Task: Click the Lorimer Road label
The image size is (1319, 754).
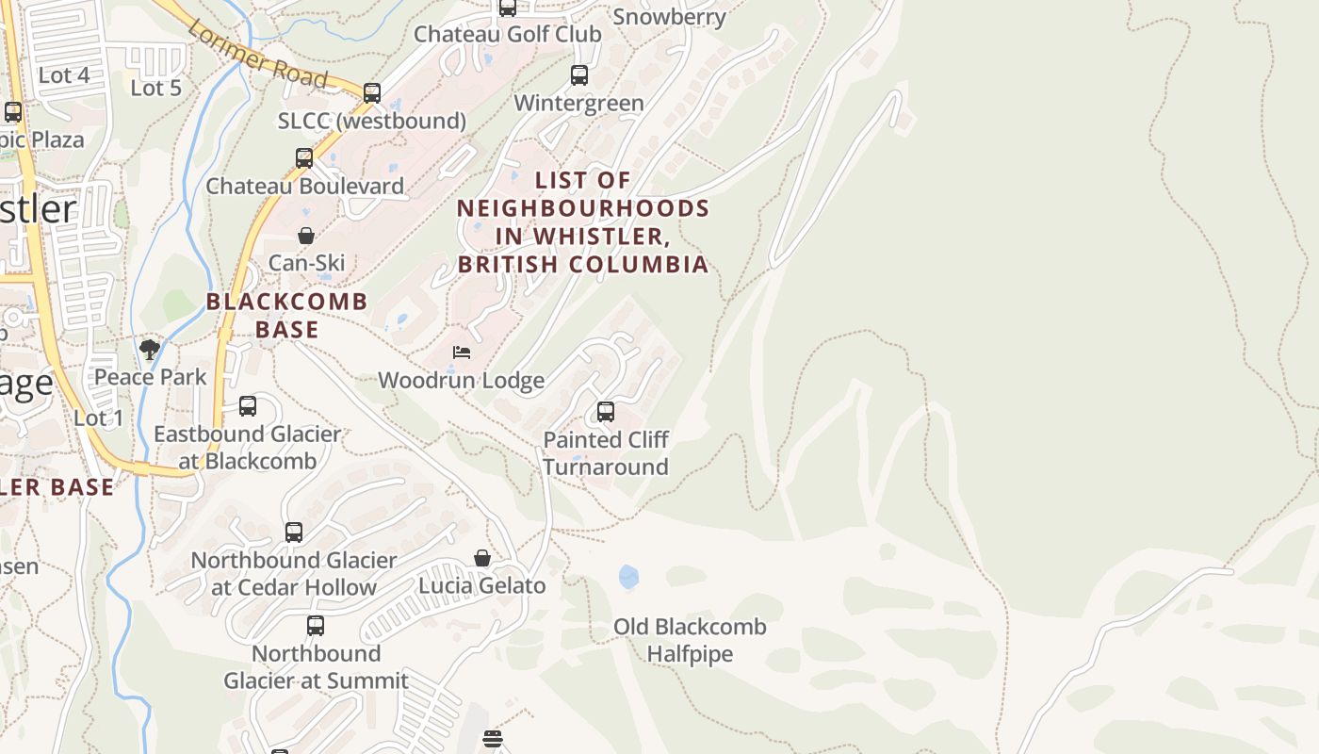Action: tap(256, 53)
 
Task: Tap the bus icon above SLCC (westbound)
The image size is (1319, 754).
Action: tap(372, 93)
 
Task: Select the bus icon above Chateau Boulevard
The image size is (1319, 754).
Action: tap(304, 158)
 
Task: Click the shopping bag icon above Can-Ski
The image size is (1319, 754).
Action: tap(306, 236)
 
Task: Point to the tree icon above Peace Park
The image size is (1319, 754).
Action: tap(149, 350)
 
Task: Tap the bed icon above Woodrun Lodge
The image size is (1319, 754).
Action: tap(462, 352)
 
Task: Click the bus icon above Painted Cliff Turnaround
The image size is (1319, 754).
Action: tap(606, 412)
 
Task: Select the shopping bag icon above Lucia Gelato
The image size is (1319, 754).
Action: tap(482, 558)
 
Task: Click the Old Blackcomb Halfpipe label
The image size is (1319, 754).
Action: tap(690, 640)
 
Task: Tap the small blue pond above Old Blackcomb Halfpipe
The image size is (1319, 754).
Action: tap(628, 576)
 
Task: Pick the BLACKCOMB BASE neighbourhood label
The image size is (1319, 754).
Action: tap(286, 315)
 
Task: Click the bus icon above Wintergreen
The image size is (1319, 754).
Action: tap(579, 75)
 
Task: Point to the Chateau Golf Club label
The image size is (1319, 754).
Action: tap(508, 34)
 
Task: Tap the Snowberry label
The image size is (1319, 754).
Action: tap(669, 17)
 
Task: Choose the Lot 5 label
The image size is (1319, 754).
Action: tap(155, 88)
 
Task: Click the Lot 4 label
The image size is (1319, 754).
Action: tap(64, 75)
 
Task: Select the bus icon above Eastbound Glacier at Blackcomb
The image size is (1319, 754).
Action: tap(248, 406)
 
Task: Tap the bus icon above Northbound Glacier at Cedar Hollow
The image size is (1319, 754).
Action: tap(294, 533)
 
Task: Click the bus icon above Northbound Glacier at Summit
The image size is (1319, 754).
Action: tap(316, 626)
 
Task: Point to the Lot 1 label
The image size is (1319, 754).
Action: tap(98, 418)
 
